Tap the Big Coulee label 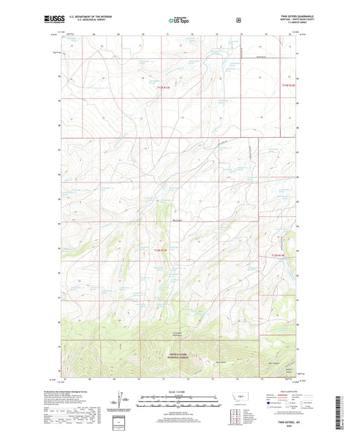click(178, 219)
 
